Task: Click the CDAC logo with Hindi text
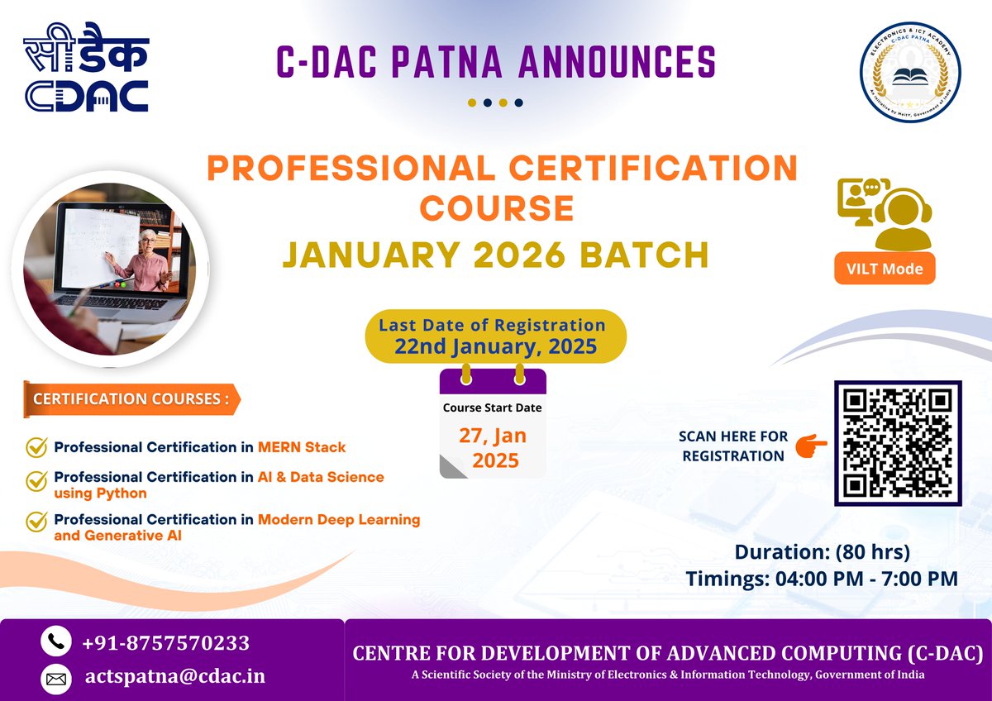click(86, 73)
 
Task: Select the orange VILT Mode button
click(885, 268)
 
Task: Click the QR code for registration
click(898, 443)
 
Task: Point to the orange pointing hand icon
click(810, 446)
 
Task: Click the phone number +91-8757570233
click(166, 643)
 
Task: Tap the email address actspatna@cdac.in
click(175, 676)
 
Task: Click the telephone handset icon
click(55, 642)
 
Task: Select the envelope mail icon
click(55, 679)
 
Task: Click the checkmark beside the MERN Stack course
click(36, 447)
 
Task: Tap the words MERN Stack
click(302, 447)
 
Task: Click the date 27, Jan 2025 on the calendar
click(493, 447)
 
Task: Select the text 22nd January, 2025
click(495, 346)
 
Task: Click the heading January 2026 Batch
click(495, 254)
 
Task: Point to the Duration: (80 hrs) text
click(822, 551)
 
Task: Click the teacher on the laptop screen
click(141, 260)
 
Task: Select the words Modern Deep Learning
click(339, 519)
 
